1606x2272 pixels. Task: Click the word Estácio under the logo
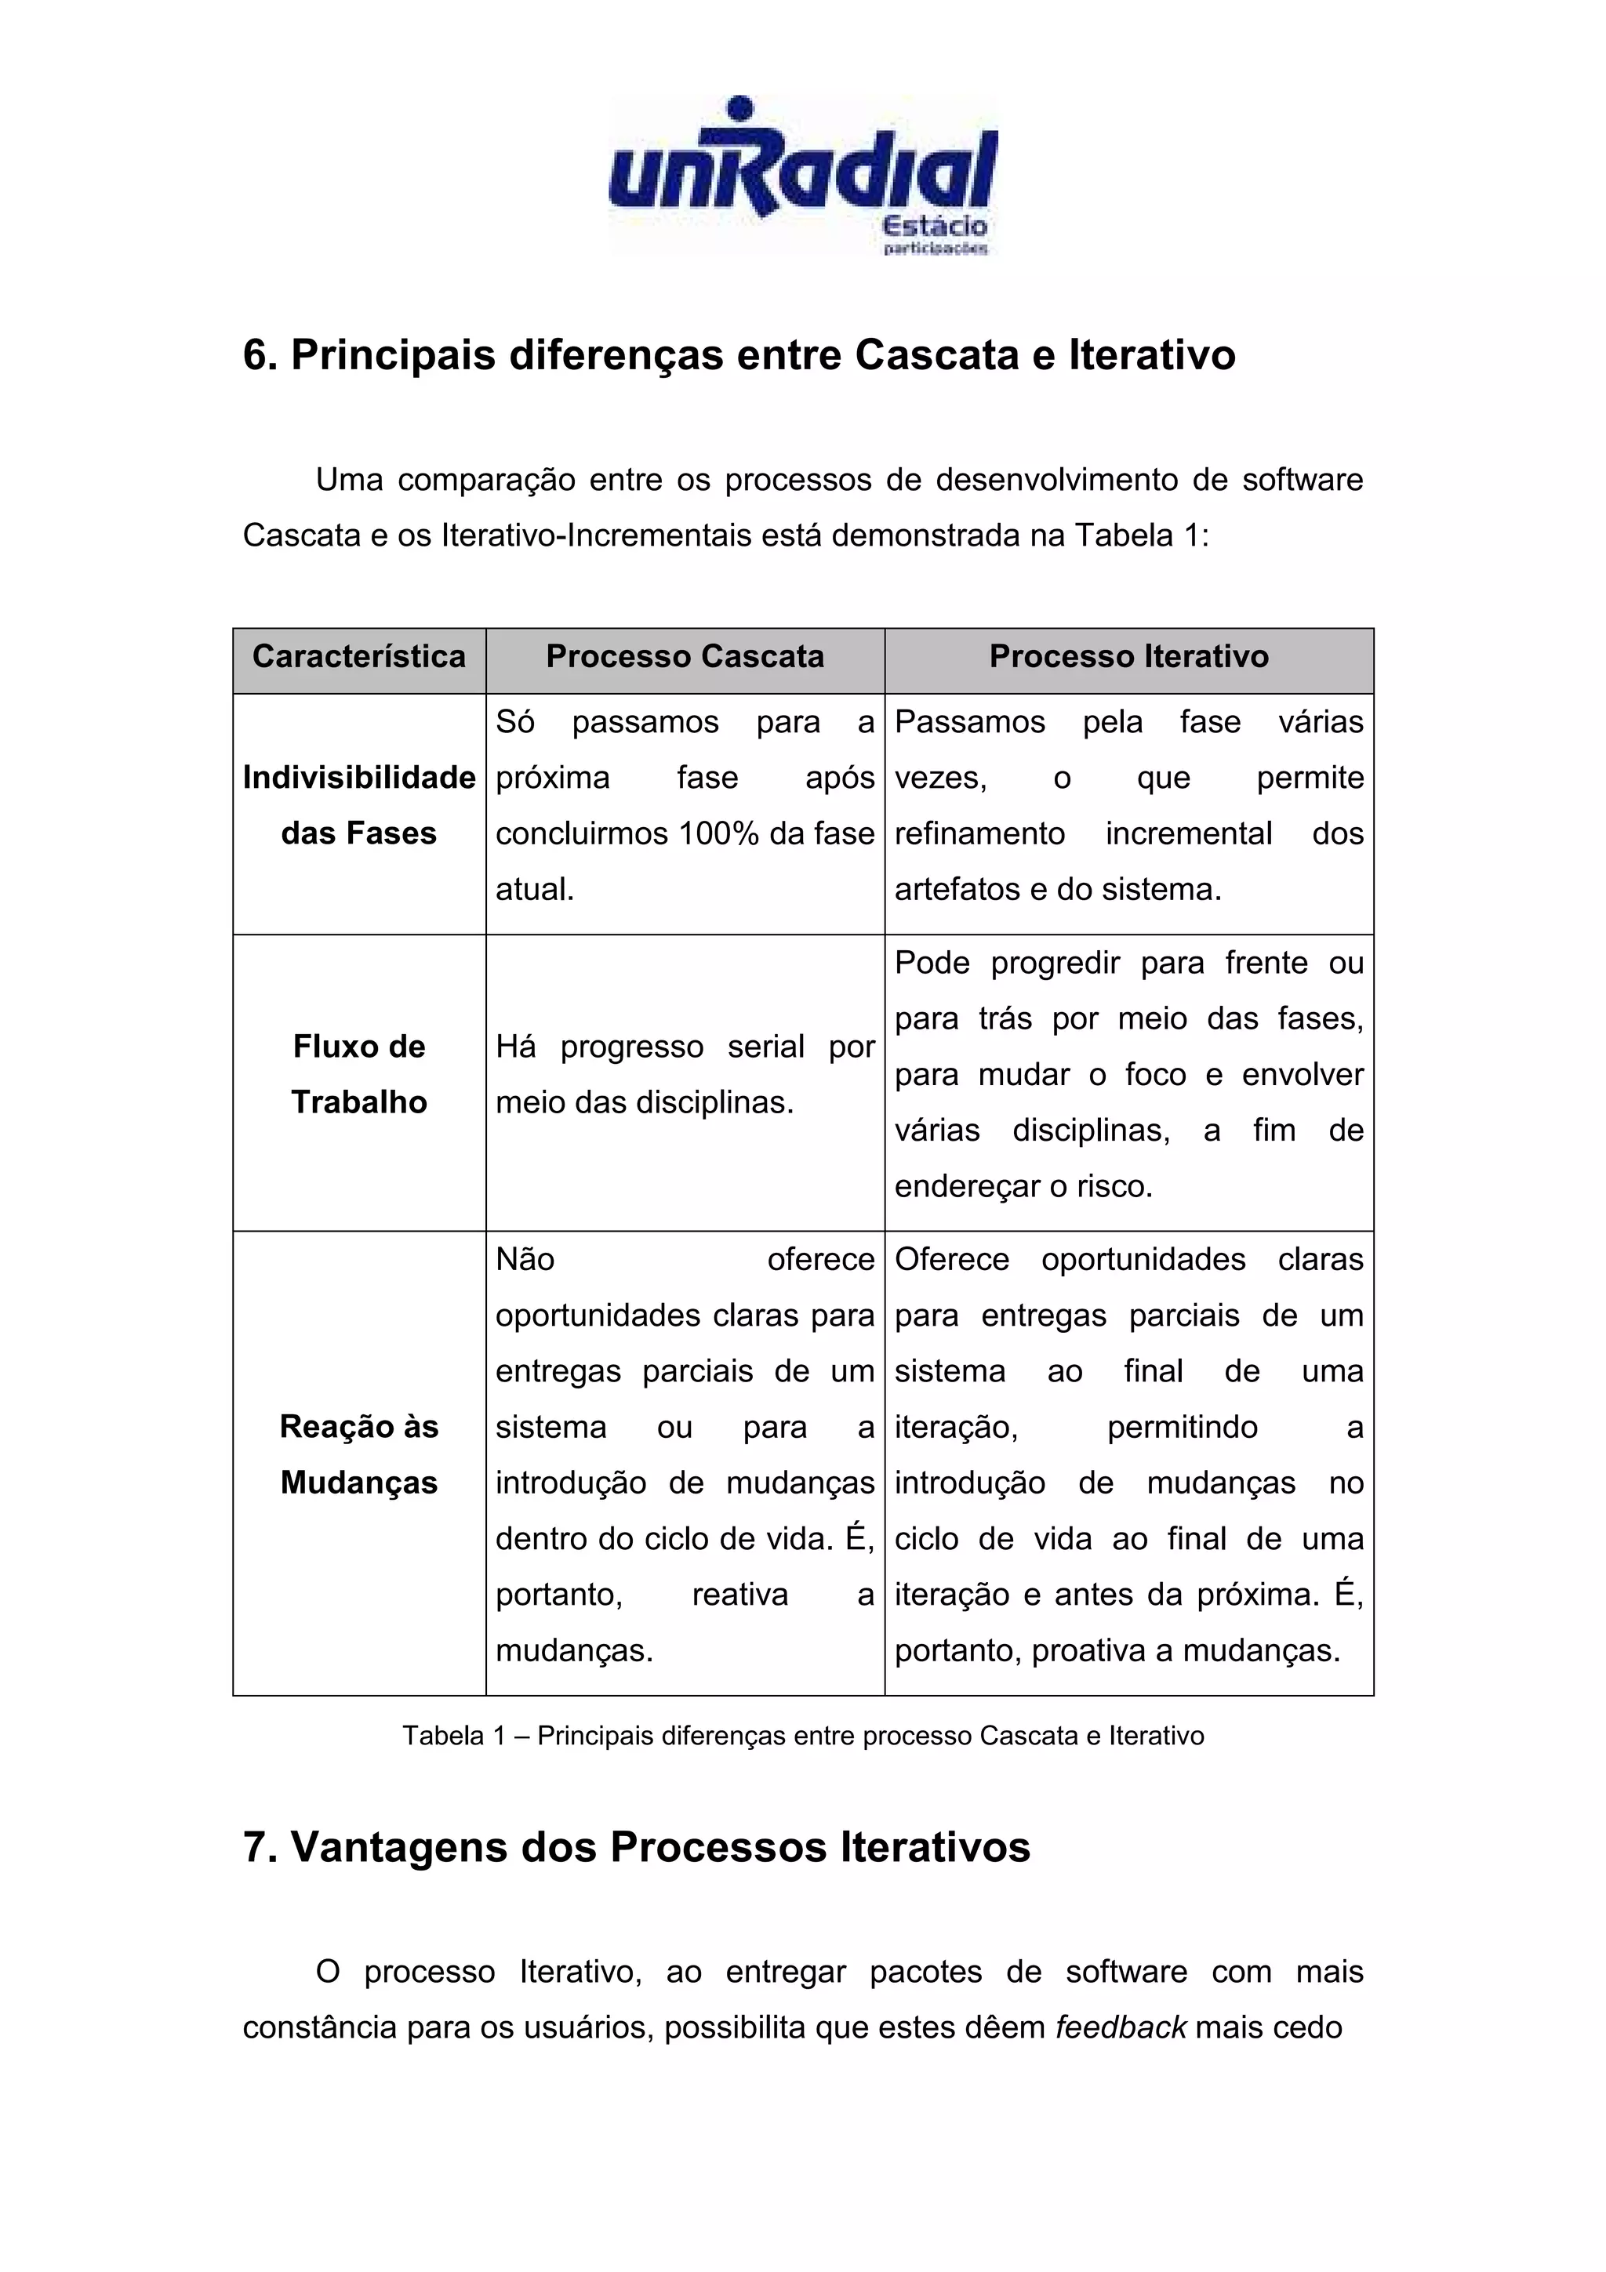[933, 226]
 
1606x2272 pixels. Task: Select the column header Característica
[358, 657]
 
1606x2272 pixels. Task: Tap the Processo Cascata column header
[685, 657]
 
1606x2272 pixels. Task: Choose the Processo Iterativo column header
[1128, 657]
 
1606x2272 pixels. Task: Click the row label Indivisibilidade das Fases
[358, 805]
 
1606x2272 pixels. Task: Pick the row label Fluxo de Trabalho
[358, 1073]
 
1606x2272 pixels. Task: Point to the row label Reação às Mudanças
[358, 1454]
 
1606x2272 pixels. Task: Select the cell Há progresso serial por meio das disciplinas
[685, 1073]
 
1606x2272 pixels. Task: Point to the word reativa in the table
[739, 1594]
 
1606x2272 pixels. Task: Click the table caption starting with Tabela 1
[802, 1736]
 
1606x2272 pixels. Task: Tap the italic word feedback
[1120, 2027]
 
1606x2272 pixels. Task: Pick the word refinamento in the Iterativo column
[979, 833]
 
